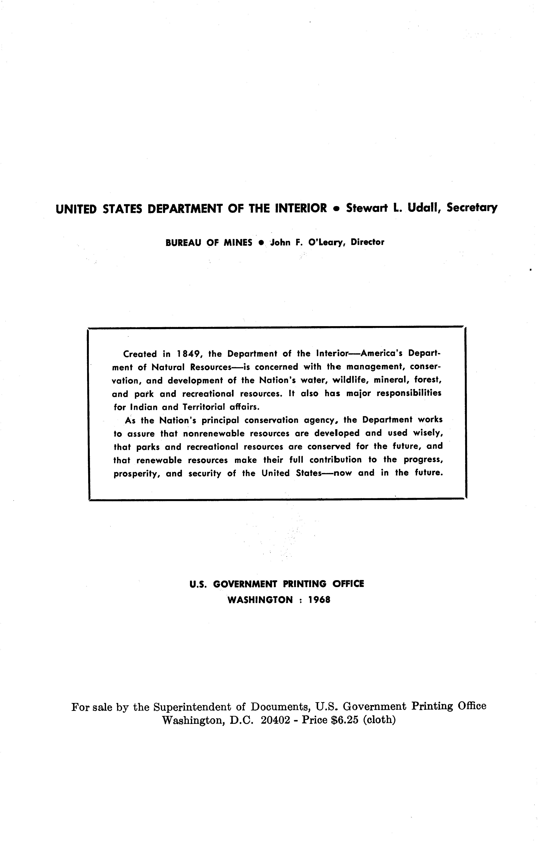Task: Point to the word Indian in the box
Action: click(x=143, y=407)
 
